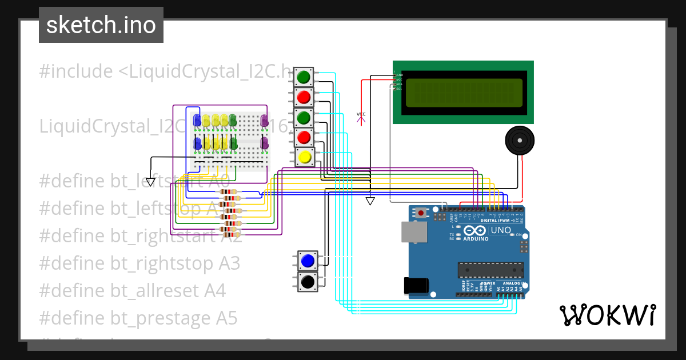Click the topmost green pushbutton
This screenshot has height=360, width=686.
point(304,77)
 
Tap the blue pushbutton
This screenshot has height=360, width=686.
point(308,261)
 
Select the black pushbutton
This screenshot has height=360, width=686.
point(308,281)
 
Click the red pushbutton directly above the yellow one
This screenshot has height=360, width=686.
point(304,137)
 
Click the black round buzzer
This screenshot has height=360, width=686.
point(520,141)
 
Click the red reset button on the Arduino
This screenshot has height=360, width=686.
point(421,213)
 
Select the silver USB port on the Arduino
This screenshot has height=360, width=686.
point(413,232)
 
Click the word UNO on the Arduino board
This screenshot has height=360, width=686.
point(501,230)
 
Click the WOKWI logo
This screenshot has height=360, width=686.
point(607,315)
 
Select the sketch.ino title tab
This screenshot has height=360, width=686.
point(101,25)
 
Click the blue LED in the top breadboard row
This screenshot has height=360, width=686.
point(197,120)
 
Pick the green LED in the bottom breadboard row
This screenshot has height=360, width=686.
point(233,143)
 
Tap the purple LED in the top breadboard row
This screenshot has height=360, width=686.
point(264,121)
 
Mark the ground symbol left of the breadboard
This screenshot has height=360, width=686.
point(150,182)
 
